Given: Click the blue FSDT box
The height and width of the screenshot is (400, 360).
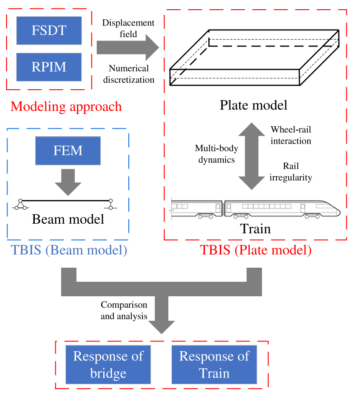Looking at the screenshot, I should (49, 30).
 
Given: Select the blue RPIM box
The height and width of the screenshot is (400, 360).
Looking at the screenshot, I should (49, 67).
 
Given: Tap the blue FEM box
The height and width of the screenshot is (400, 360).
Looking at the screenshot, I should (68, 151).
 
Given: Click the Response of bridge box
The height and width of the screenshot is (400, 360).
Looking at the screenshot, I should (108, 364).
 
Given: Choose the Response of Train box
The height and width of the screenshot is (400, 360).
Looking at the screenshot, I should (214, 364).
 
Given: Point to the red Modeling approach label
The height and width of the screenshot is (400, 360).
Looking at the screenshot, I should (66, 106).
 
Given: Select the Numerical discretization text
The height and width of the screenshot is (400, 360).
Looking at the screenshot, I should (129, 74).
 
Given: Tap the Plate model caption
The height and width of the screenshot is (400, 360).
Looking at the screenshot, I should (254, 105).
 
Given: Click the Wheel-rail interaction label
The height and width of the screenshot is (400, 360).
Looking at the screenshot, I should (291, 135).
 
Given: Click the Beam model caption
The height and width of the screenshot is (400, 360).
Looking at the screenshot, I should (68, 218).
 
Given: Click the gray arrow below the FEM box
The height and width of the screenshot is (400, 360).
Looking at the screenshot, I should (68, 182).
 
